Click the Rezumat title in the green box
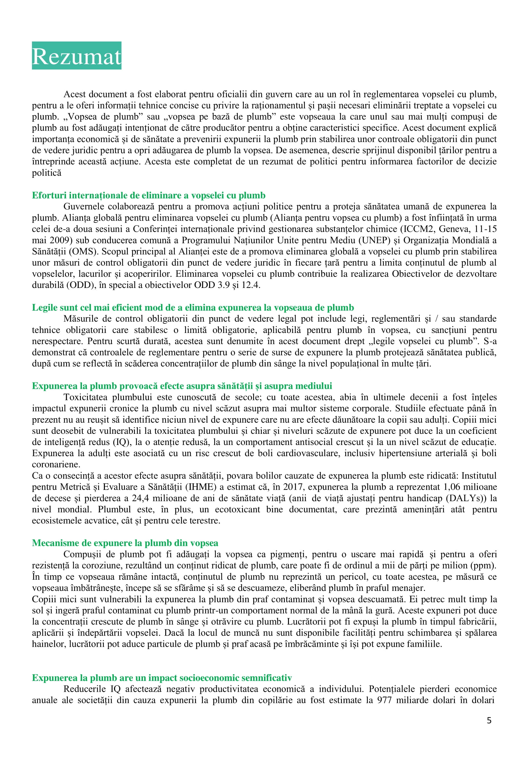[77, 56]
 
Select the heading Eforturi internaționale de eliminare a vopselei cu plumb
[149, 195]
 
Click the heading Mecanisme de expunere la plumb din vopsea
[125, 543]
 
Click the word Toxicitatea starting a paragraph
[85, 397]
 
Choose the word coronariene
[56, 464]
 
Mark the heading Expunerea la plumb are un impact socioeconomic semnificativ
[162, 678]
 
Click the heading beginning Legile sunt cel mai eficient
[192, 307]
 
